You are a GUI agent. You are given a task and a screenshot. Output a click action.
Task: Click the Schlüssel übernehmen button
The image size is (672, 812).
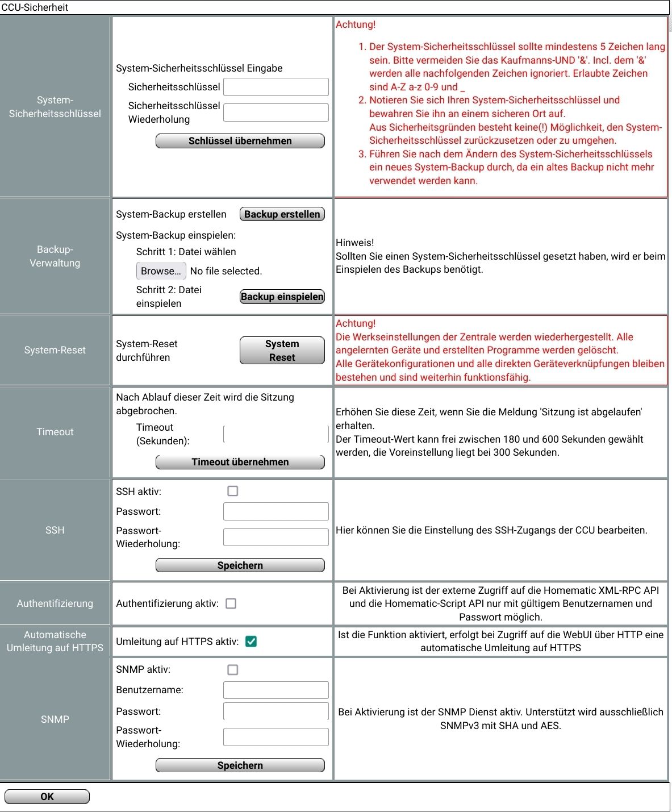240,141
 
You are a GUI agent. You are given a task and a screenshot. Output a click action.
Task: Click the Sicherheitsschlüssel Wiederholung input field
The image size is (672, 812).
276,113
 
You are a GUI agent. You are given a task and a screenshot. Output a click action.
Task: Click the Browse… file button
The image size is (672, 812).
161,271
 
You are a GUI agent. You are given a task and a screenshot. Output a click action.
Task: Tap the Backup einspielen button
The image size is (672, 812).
282,297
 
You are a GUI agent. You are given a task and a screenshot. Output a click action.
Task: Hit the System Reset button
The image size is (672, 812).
282,351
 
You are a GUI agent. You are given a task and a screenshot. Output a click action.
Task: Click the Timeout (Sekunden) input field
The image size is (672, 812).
276,434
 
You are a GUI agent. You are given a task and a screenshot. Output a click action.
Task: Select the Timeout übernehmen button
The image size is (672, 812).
240,462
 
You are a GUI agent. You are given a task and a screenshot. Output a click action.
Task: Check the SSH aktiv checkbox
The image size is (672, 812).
233,491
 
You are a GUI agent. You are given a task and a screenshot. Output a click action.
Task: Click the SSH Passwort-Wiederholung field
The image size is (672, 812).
276,537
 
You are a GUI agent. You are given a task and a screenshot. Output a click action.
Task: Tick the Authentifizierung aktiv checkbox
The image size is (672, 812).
231,603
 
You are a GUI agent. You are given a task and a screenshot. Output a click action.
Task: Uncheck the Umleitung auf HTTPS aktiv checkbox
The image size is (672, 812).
251,642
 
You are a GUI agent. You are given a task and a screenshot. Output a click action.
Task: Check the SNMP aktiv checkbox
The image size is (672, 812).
233,670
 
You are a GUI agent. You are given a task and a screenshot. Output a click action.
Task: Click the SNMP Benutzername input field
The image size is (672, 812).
276,690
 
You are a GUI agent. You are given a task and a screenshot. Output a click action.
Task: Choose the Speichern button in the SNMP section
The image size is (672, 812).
240,765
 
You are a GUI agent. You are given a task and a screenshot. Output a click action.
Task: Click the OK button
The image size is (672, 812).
47,797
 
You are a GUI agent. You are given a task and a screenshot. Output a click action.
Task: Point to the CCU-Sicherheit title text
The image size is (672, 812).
35,7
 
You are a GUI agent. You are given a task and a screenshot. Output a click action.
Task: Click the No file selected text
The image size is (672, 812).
226,271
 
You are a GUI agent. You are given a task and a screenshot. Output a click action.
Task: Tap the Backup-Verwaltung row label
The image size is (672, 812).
55,256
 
